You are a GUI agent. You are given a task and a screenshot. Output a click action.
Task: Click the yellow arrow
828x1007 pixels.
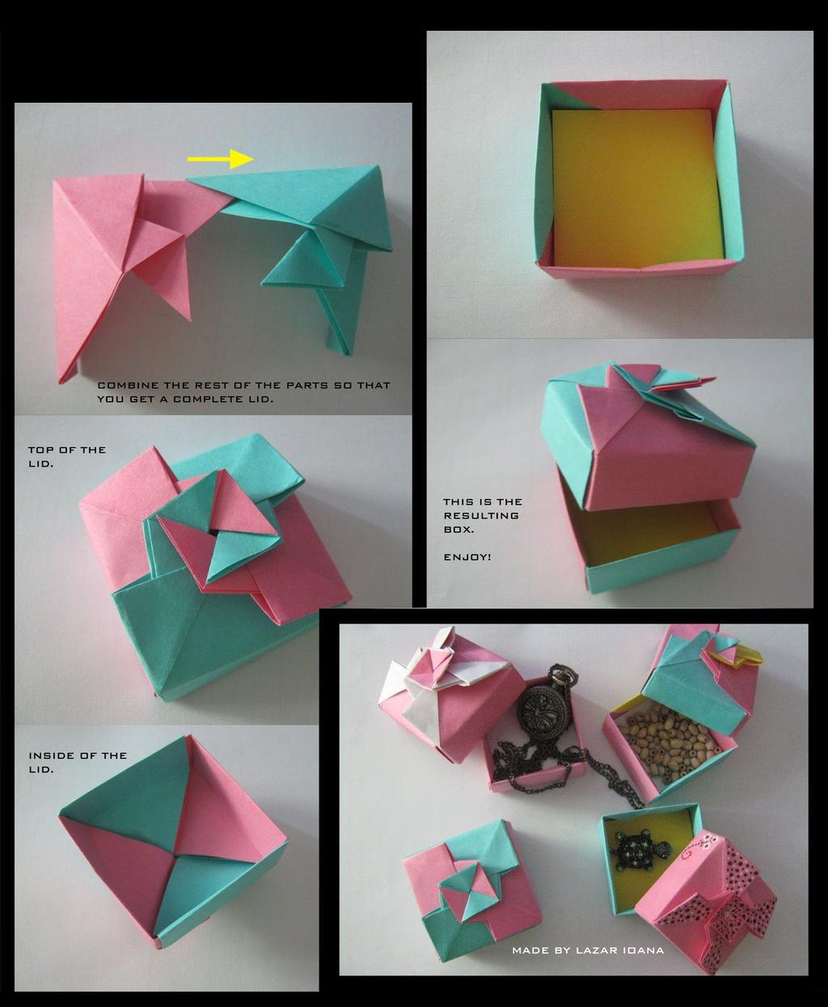coord(221,159)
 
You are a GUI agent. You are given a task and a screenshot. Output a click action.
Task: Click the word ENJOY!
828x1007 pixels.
coord(467,557)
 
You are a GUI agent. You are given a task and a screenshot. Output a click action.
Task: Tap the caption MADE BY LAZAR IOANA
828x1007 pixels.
coord(588,950)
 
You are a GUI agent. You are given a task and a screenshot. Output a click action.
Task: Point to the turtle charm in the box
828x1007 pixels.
coord(639,849)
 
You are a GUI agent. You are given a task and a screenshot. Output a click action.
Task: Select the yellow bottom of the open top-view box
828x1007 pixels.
coord(636,186)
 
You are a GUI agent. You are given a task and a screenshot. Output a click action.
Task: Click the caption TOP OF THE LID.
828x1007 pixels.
coord(66,456)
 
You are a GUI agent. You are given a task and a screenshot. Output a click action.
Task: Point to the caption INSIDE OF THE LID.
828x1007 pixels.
coord(78,762)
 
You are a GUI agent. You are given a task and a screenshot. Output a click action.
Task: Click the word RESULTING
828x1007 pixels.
coord(480,515)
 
